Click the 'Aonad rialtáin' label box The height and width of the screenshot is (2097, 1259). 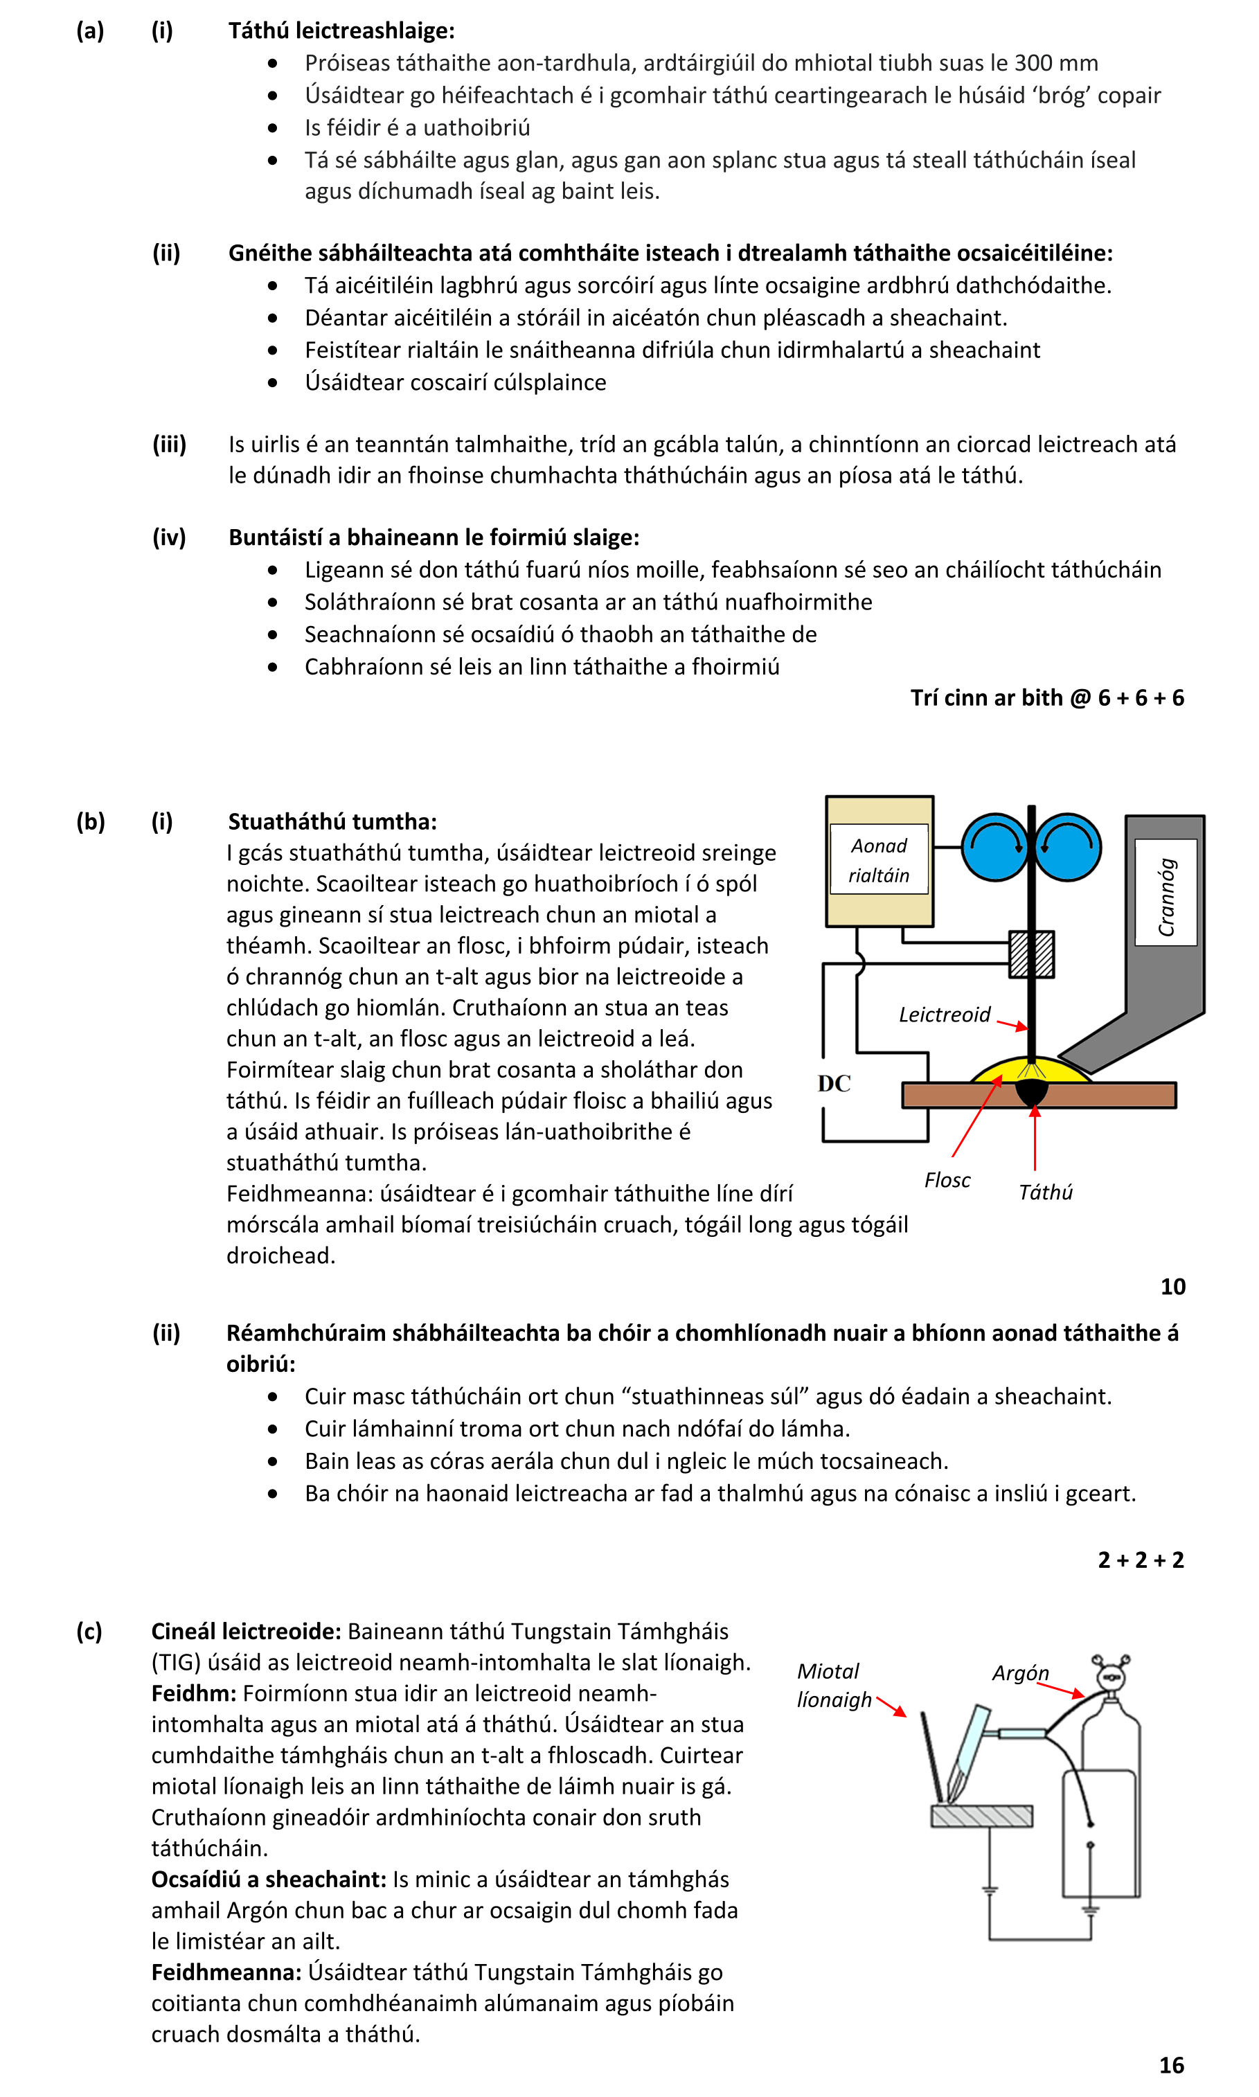879,859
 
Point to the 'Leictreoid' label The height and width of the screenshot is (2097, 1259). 945,1015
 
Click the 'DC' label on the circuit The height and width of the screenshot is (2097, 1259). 834,1083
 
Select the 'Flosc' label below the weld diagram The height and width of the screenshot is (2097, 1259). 947,1180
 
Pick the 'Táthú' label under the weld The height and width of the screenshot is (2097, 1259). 1045,1192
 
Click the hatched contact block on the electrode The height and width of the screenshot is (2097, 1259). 1032,954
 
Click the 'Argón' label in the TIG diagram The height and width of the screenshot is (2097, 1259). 1021,1673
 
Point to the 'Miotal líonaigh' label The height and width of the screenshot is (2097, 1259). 833,1686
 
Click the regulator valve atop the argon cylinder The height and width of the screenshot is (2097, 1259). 1109,1674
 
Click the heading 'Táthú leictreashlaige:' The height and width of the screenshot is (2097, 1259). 341,30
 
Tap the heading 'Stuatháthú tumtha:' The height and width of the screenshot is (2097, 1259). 332,821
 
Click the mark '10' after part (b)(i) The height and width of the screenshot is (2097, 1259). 1172,1287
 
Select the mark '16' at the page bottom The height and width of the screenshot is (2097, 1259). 1172,2064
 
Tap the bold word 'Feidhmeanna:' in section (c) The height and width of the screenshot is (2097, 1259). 226,1972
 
